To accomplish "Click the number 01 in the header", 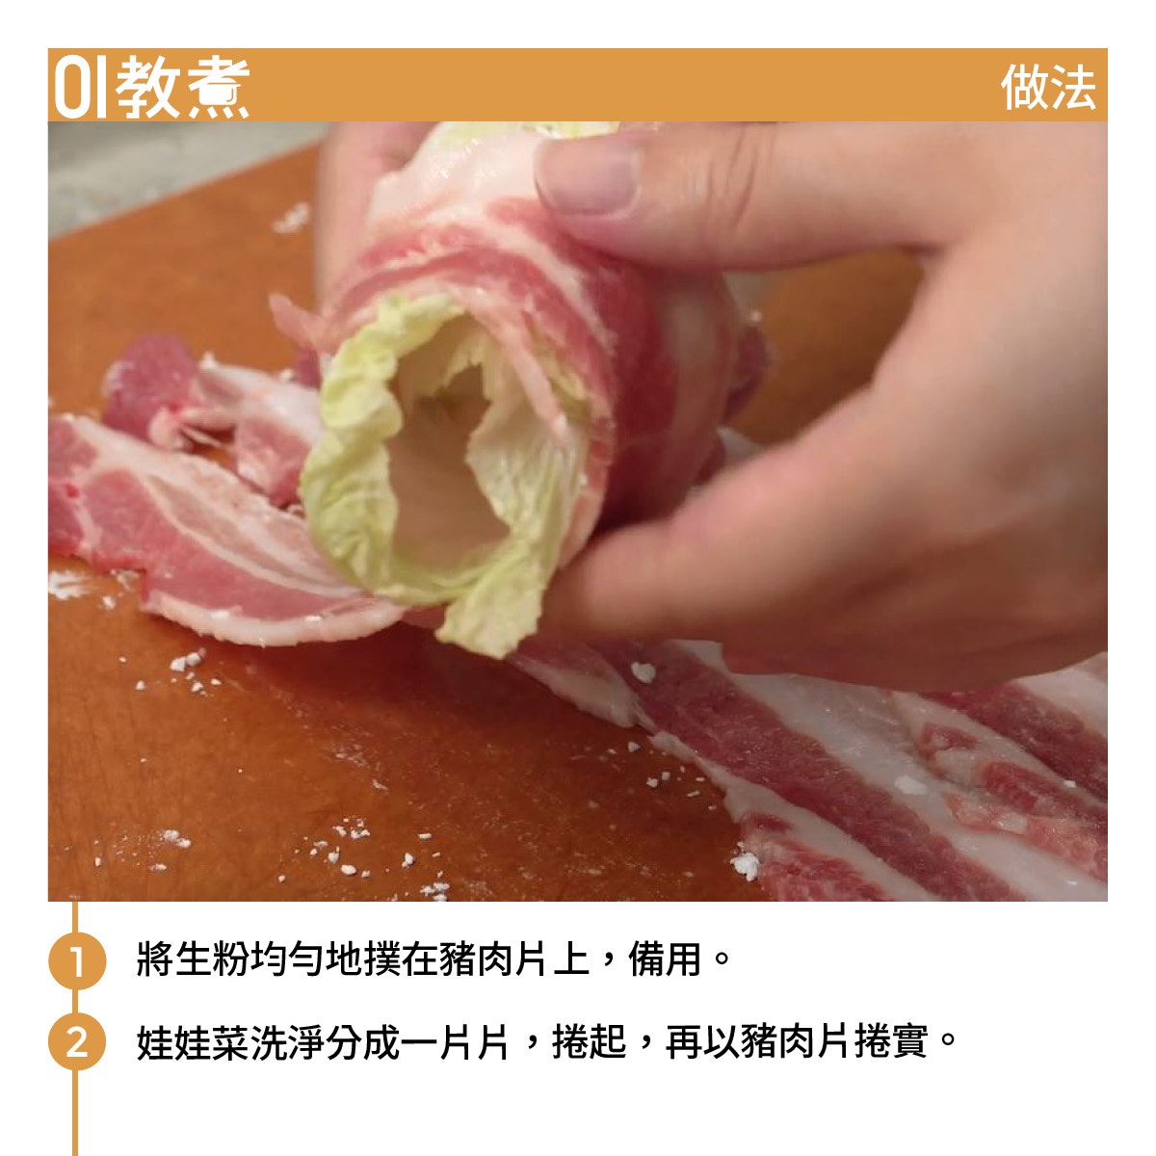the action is (81, 87).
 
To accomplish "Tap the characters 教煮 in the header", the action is (182, 88).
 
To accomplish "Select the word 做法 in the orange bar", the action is (1047, 88).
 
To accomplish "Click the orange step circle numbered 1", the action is (77, 960).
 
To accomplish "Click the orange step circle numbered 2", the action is (77, 1044).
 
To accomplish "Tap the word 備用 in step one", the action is (665, 959).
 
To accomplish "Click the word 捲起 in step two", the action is (590, 1043).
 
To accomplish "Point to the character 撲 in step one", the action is (381, 959).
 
